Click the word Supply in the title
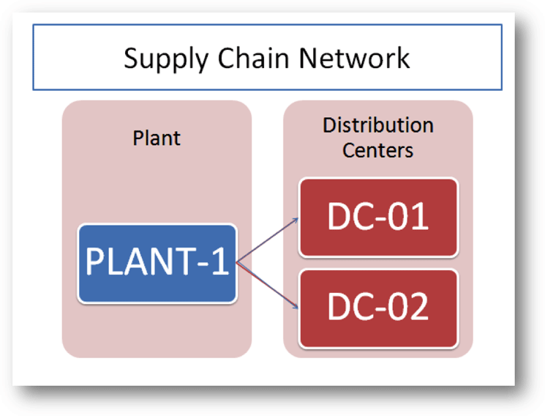tap(166, 59)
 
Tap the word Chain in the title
tap(253, 58)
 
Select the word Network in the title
tap(354, 58)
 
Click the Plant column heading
tap(157, 138)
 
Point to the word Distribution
tap(378, 125)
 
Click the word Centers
tap(377, 150)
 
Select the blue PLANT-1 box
tap(157, 264)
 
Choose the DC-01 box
tap(378, 218)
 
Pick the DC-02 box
tap(378, 308)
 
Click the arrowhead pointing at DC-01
tap(296, 219)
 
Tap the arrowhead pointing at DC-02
tap(296, 306)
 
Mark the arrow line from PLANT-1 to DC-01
tap(267, 239)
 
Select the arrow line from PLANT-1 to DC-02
tap(267, 285)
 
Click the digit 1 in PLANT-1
tap(220, 261)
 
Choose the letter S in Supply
tap(132, 58)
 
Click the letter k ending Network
tap(403, 57)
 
